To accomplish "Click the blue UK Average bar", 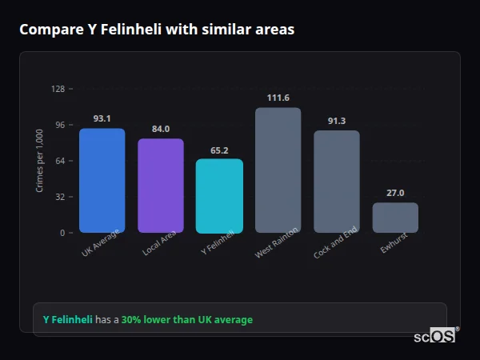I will pyautogui.click(x=102, y=181).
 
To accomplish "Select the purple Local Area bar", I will pyautogui.click(x=161, y=186).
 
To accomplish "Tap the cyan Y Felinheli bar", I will pyautogui.click(x=219, y=196).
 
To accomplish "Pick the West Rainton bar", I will pyautogui.click(x=278, y=170).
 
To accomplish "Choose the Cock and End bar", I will pyautogui.click(x=336, y=182).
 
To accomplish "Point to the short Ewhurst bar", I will pyautogui.click(x=395, y=218).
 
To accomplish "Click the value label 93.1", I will pyautogui.click(x=102, y=118).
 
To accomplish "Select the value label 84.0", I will pyautogui.click(x=161, y=129).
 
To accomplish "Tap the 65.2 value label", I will pyautogui.click(x=219, y=150).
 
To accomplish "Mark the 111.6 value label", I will pyautogui.click(x=278, y=98).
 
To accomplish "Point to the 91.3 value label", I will pyautogui.click(x=336, y=121).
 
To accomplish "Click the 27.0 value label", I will pyautogui.click(x=395, y=193).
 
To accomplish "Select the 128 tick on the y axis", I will pyautogui.click(x=58, y=89).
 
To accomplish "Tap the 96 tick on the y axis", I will pyautogui.click(x=60, y=125).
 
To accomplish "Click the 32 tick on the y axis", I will pyautogui.click(x=60, y=197).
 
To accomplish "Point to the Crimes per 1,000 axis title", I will pyautogui.click(x=40, y=161).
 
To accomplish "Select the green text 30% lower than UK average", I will pyautogui.click(x=186, y=320).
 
